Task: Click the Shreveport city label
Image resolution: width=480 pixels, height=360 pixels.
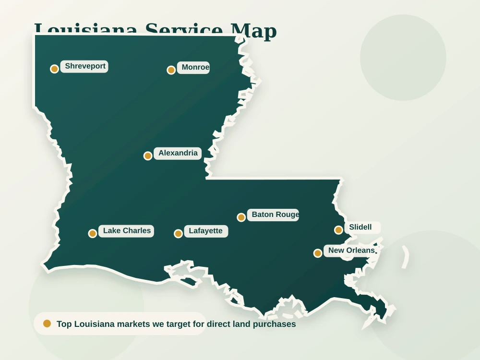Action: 85,66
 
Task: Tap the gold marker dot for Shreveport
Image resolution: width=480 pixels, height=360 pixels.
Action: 54,69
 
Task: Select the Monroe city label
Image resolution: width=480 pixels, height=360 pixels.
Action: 195,67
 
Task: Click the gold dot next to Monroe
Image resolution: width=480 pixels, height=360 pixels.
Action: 171,70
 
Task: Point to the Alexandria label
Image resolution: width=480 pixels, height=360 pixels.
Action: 178,153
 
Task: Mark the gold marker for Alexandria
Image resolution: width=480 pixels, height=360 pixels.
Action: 148,156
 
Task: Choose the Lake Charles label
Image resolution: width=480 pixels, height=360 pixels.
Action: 127,231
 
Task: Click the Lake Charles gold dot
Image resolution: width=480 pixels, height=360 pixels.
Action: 93,233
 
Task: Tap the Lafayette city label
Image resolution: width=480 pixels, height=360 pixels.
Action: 205,231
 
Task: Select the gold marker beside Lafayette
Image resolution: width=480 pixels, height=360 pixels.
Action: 178,233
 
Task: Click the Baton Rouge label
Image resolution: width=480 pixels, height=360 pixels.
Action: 275,215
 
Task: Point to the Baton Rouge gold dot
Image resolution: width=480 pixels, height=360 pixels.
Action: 241,217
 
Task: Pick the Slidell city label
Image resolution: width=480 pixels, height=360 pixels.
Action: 360,227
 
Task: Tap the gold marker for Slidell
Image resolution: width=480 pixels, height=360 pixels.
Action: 338,230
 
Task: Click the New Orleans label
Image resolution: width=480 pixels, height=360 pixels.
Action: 351,251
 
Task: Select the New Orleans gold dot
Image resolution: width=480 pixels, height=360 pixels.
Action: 318,253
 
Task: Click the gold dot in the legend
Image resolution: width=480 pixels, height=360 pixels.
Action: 47,324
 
